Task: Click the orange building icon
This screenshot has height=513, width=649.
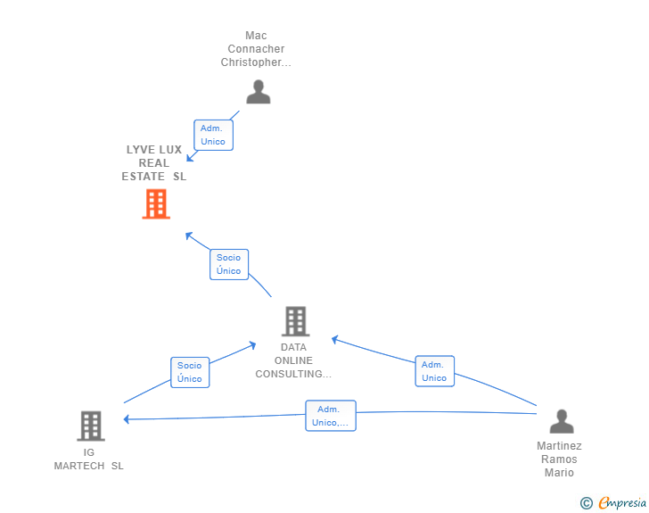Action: (x=156, y=204)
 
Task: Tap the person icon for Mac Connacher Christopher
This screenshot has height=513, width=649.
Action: (x=259, y=92)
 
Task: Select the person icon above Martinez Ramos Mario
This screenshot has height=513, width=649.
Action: (x=562, y=421)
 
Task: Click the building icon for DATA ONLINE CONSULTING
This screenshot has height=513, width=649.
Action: (x=296, y=321)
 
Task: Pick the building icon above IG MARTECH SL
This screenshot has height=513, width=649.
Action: (x=91, y=426)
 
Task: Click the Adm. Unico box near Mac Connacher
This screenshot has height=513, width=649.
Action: (x=214, y=135)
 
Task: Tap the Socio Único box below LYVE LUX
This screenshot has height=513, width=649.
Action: (x=229, y=264)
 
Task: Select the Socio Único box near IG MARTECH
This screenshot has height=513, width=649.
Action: (x=190, y=373)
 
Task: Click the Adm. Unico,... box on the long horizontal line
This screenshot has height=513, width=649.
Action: (x=331, y=416)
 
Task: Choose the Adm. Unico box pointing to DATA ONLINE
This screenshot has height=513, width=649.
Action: (x=435, y=371)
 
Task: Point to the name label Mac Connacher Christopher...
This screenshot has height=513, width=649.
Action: (x=256, y=49)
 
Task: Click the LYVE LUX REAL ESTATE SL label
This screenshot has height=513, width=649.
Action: (x=154, y=163)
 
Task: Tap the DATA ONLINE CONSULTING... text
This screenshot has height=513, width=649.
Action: (x=293, y=360)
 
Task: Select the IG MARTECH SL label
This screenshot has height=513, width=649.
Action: (x=89, y=459)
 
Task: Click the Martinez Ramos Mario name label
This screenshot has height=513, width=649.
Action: (x=559, y=459)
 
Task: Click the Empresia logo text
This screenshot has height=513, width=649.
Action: (x=622, y=502)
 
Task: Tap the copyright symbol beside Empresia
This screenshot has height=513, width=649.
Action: (x=587, y=503)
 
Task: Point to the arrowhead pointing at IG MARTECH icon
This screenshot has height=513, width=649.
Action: (x=127, y=419)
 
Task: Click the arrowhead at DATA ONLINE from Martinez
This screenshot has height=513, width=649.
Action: (x=335, y=340)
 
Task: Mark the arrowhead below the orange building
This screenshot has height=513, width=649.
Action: (x=189, y=236)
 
